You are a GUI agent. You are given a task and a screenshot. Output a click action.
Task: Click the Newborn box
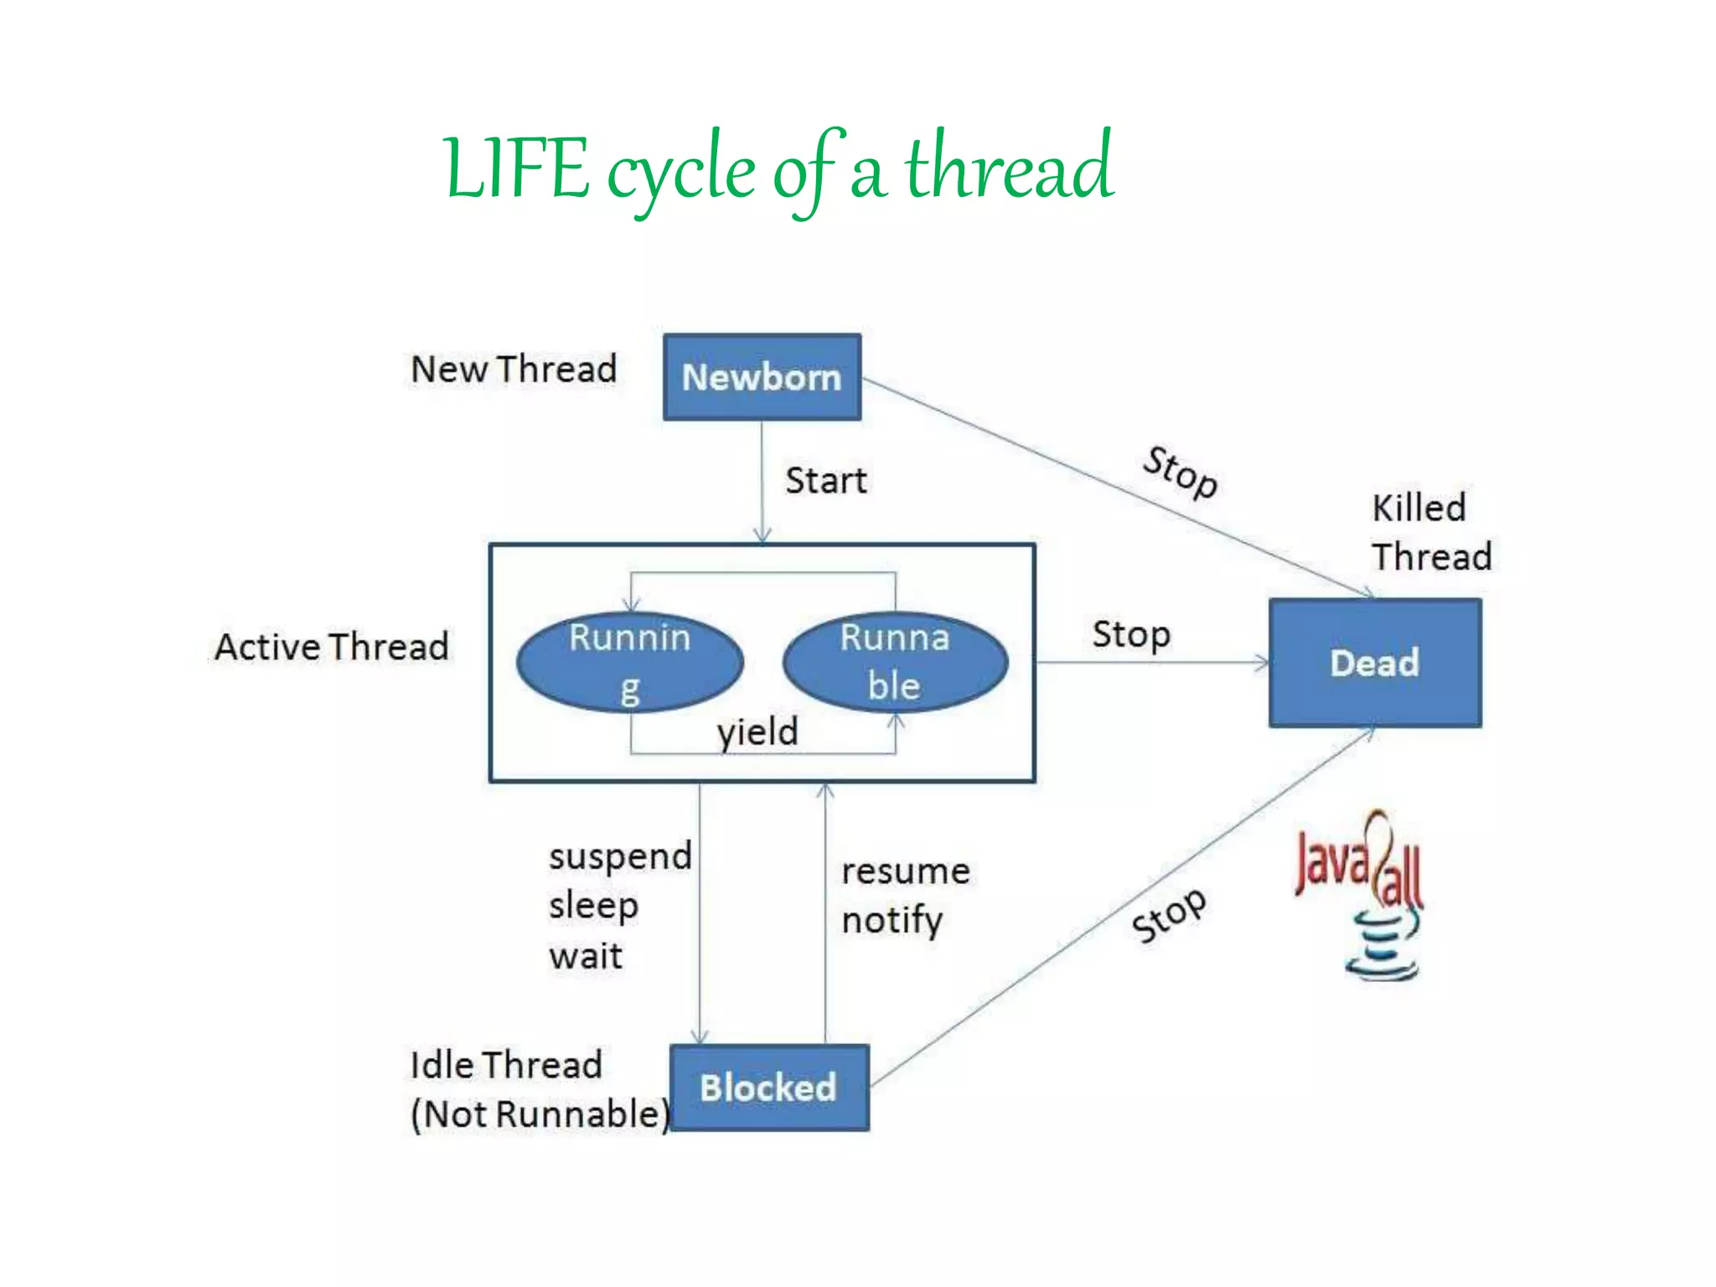[x=762, y=377]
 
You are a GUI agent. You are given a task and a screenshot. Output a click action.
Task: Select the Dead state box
[x=1374, y=663]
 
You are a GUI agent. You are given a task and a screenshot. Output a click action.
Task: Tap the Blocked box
[x=768, y=1088]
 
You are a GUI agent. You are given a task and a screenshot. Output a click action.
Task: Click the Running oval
[x=630, y=663]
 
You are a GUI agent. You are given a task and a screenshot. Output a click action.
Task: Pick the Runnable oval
[x=895, y=662]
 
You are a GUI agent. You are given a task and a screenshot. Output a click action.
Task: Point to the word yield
[x=757, y=732]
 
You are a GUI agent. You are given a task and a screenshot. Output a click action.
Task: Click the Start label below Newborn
[x=825, y=481]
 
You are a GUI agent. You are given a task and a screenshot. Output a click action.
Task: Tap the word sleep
[x=593, y=906]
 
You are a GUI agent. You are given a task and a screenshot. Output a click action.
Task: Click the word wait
[x=586, y=956]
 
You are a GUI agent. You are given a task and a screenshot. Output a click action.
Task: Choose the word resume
[x=906, y=871]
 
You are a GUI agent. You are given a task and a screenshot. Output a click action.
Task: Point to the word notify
[x=892, y=921]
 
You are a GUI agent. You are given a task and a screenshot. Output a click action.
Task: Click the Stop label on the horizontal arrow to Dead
[x=1131, y=635]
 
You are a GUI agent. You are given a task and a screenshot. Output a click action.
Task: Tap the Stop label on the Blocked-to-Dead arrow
[x=1169, y=915]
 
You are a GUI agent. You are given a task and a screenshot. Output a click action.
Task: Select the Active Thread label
[x=332, y=647]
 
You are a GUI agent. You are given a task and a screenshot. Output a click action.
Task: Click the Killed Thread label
[x=1430, y=532]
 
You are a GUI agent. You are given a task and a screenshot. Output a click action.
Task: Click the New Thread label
[x=514, y=370]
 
